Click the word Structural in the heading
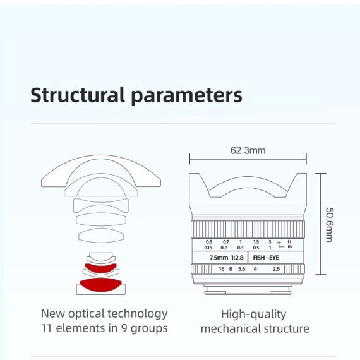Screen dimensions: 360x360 point(78,95)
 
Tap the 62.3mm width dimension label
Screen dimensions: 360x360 point(248,150)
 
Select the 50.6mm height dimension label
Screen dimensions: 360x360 point(329,225)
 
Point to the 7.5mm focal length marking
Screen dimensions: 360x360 point(219,258)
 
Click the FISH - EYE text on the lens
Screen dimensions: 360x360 point(266,258)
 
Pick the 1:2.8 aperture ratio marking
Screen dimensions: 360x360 point(237,258)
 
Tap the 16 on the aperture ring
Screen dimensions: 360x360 point(222,269)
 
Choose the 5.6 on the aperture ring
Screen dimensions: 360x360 point(241,269)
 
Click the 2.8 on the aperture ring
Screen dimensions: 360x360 point(276,269)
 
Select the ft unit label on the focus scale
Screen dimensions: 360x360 point(289,241)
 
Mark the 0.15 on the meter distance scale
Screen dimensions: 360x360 point(208,248)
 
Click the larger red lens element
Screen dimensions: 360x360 point(100,285)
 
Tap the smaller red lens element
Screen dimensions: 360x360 point(101,268)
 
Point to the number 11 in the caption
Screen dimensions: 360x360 point(46,328)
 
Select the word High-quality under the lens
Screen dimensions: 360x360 point(254,315)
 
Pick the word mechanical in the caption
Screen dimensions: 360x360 point(231,328)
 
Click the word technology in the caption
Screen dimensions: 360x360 point(138,314)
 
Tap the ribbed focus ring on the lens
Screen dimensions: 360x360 point(248,229)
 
